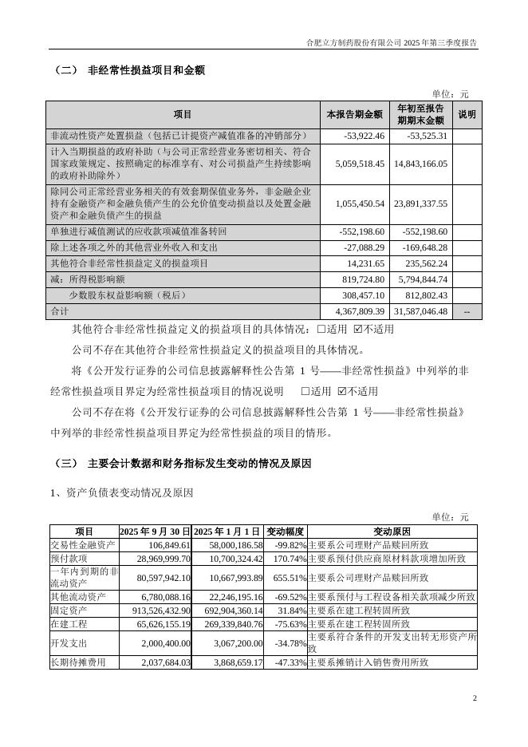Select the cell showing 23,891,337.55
pos(420,204)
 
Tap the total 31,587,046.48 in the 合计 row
pos(420,311)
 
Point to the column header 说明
pos(467,115)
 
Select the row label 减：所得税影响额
pos(88,279)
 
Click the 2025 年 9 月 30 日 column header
pos(156,532)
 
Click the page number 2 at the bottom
pos(475,699)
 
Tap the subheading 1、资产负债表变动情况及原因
pos(121,493)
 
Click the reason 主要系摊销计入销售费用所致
pos(368,662)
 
